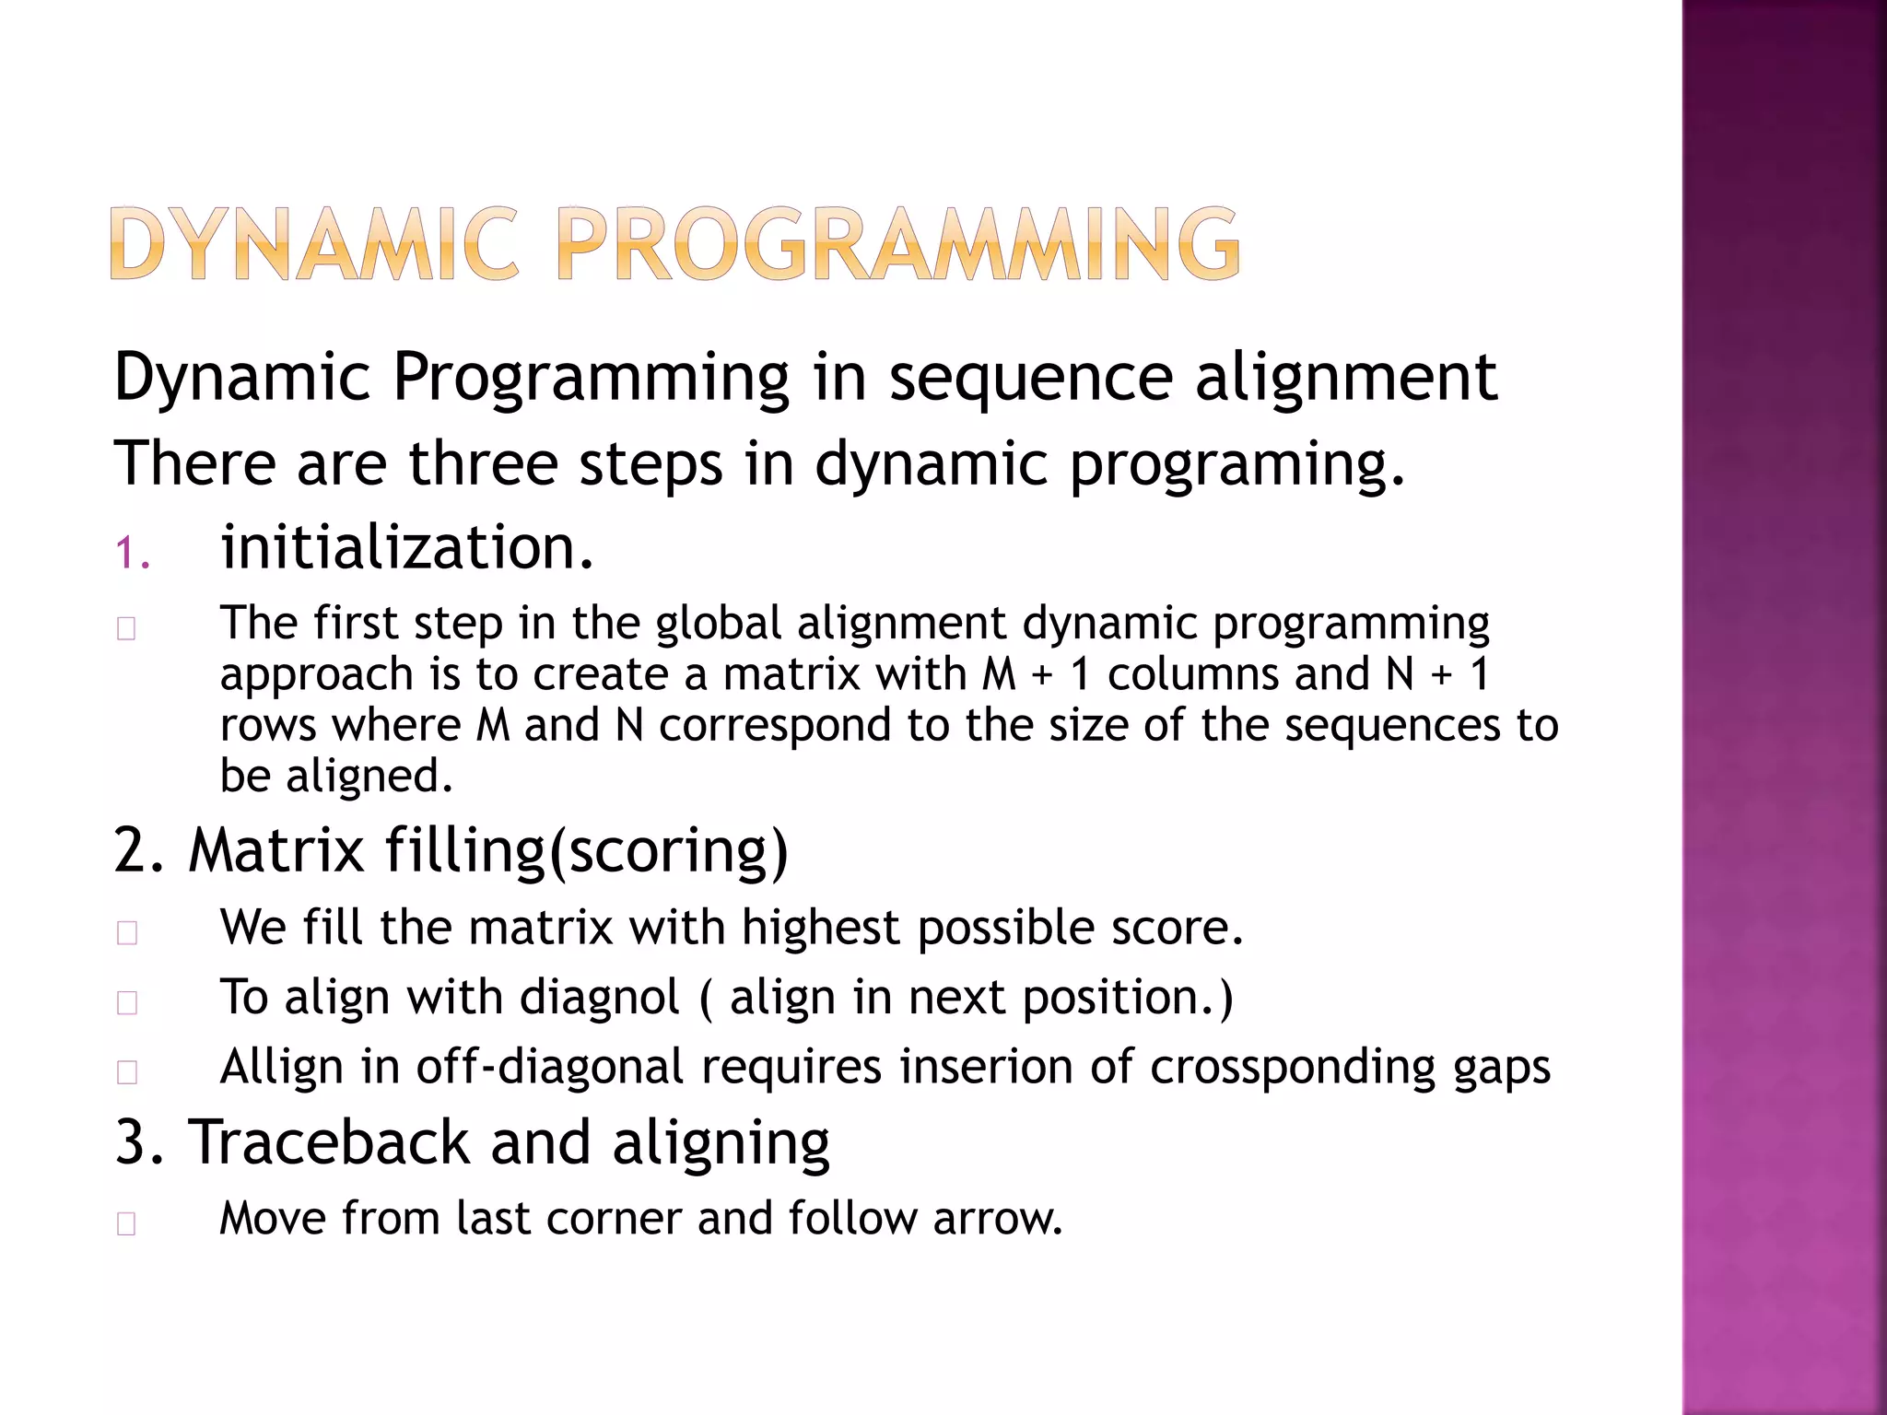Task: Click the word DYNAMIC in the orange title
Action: (314, 244)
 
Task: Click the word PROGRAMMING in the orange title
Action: (898, 244)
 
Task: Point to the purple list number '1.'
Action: (133, 554)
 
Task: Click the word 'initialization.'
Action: (407, 547)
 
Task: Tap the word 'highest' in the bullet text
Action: (821, 928)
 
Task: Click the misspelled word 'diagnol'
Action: (600, 998)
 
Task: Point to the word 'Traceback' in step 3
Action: (329, 1142)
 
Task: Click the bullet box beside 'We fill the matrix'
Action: (127, 933)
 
